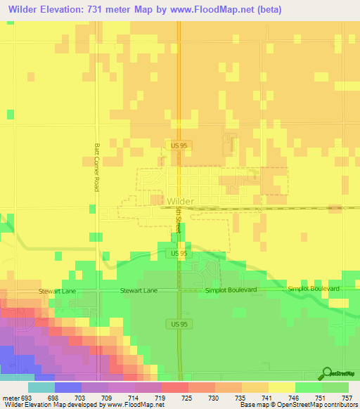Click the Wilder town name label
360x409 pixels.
(181, 200)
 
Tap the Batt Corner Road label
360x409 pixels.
(96, 168)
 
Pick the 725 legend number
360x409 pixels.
(187, 397)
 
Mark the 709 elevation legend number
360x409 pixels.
(108, 397)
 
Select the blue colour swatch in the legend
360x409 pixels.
(67, 387)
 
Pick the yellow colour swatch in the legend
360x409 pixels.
(281, 387)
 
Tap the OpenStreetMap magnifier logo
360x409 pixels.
(327, 373)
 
